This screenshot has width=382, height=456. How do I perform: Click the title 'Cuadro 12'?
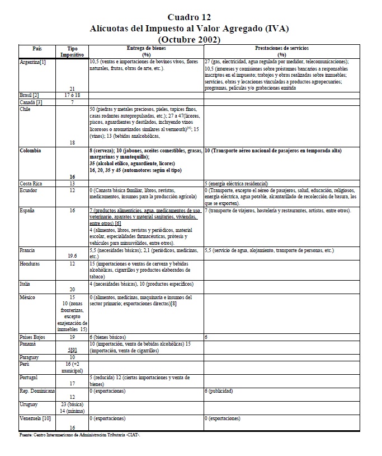pyautogui.click(x=190, y=17)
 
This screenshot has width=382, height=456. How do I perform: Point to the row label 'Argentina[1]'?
pyautogui.click(x=32, y=62)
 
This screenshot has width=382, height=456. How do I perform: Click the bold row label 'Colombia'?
pyautogui.click(x=30, y=151)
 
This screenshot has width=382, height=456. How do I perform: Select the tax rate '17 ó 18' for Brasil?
pyautogui.click(x=72, y=96)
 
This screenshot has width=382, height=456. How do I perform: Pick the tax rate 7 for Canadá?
pyautogui.click(x=72, y=102)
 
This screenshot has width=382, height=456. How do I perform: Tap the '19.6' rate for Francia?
pyautogui.click(x=72, y=256)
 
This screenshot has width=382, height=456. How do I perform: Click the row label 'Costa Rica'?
pyautogui.click(x=31, y=183)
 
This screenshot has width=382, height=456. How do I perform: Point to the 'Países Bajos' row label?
pyautogui.click(x=33, y=338)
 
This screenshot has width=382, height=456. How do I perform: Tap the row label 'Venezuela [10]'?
pyautogui.click(x=35, y=418)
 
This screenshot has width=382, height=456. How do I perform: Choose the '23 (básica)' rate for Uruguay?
pyautogui.click(x=72, y=404)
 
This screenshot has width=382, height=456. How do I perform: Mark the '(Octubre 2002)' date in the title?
pyautogui.click(x=190, y=39)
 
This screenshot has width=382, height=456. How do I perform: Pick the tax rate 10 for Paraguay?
pyautogui.click(x=72, y=357)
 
